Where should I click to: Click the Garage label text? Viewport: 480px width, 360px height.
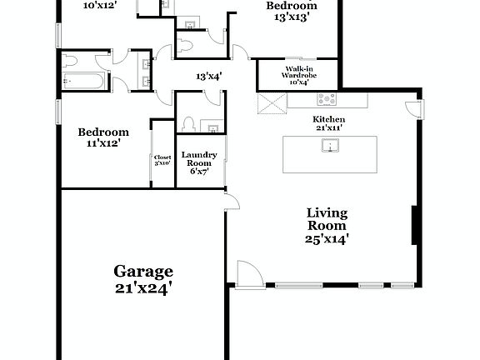[x=143, y=272]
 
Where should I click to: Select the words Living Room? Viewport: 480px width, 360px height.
[x=326, y=218]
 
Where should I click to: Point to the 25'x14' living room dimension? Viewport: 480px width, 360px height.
[x=326, y=238]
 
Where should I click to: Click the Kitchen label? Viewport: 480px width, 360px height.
[x=328, y=119]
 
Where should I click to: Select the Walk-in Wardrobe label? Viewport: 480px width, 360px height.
[x=299, y=74]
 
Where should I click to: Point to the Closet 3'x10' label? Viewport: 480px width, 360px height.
[x=162, y=160]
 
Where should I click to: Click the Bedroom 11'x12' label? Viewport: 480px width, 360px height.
[x=103, y=137]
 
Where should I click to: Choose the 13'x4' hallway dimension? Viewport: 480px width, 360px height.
[x=208, y=77]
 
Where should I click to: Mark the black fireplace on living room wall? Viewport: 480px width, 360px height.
[x=414, y=222]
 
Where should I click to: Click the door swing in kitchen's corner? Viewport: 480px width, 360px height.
[x=412, y=108]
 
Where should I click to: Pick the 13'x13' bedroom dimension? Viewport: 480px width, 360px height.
[x=282, y=17]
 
